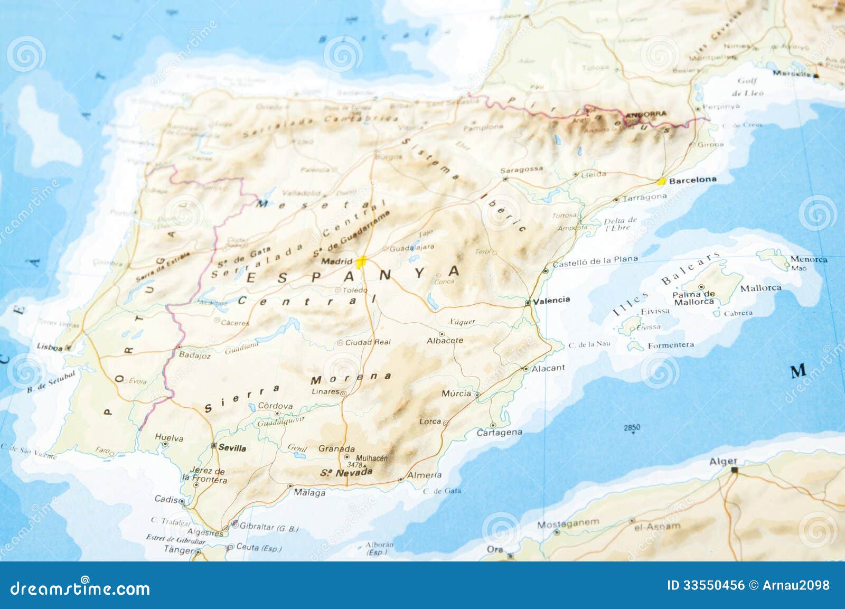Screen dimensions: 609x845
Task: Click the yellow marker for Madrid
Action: tap(361, 261)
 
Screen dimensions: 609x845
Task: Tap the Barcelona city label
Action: tap(692, 180)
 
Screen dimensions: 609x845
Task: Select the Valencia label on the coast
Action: tap(551, 300)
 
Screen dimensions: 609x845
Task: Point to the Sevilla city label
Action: tap(232, 448)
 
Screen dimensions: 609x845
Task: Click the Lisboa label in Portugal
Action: tap(49, 347)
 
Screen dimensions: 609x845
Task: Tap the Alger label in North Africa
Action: tap(723, 462)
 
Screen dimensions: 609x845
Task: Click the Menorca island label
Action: tap(809, 259)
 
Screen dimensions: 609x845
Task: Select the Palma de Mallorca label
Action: tap(694, 298)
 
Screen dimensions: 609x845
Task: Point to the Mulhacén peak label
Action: tap(371, 458)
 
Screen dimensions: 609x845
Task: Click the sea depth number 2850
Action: tap(632, 427)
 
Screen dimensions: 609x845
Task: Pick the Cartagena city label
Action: tap(499, 433)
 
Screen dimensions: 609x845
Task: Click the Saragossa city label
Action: tap(521, 170)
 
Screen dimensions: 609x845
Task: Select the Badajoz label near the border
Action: tap(194, 355)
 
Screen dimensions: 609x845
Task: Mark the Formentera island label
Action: tap(671, 345)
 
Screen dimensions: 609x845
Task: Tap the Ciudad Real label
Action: tap(368, 342)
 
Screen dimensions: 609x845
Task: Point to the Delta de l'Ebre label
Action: tap(620, 224)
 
